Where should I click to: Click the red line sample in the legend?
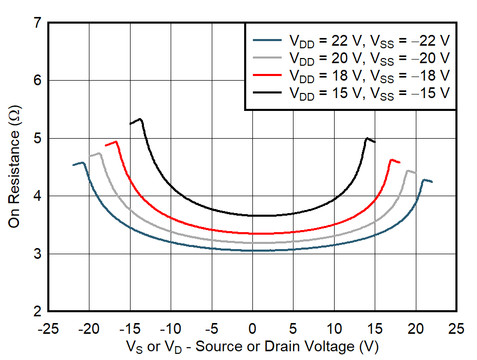click(x=268, y=75)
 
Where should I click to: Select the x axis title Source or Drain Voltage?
click(x=252, y=347)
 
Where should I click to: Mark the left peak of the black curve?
click(x=140, y=119)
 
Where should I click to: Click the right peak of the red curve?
click(x=392, y=160)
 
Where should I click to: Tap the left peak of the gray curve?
click(x=99, y=153)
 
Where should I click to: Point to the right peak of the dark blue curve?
click(x=424, y=180)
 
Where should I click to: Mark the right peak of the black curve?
click(x=367, y=138)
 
